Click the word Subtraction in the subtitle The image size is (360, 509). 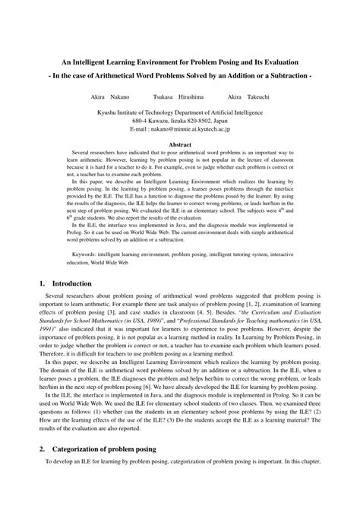point(283,77)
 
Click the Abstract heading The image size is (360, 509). point(179,144)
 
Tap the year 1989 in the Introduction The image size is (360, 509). point(136,319)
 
